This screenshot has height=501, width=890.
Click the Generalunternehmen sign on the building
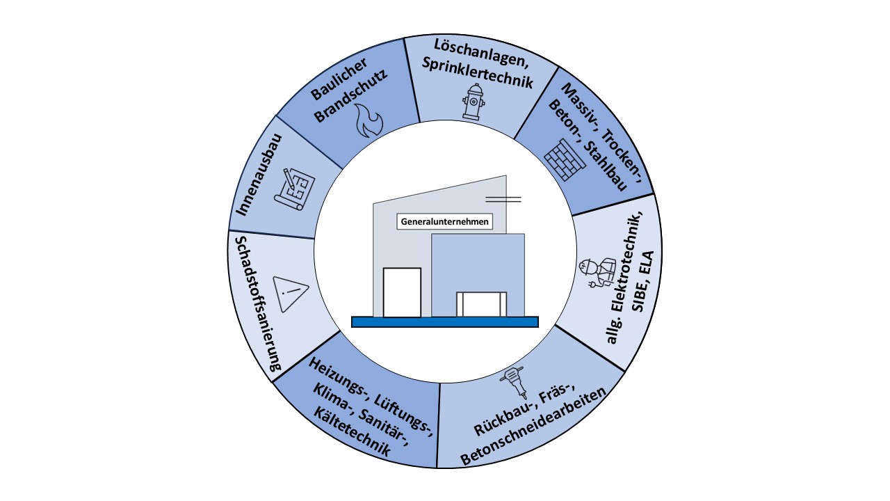(444, 221)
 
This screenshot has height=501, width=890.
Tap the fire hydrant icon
(474, 102)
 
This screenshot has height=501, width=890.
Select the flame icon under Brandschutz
(369, 120)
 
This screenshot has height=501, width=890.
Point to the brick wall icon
(565, 159)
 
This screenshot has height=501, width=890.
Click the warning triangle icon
(289, 294)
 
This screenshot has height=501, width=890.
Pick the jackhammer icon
(516, 383)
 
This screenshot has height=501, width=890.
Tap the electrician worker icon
(597, 273)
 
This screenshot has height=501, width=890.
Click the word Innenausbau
(259, 175)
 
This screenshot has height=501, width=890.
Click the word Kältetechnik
(352, 432)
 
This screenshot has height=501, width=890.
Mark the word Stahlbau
(605, 166)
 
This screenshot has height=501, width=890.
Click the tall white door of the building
(402, 292)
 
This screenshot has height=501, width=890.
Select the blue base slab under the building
(444, 321)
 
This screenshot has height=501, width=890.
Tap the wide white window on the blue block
(481, 304)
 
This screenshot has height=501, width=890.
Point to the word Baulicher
(339, 79)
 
